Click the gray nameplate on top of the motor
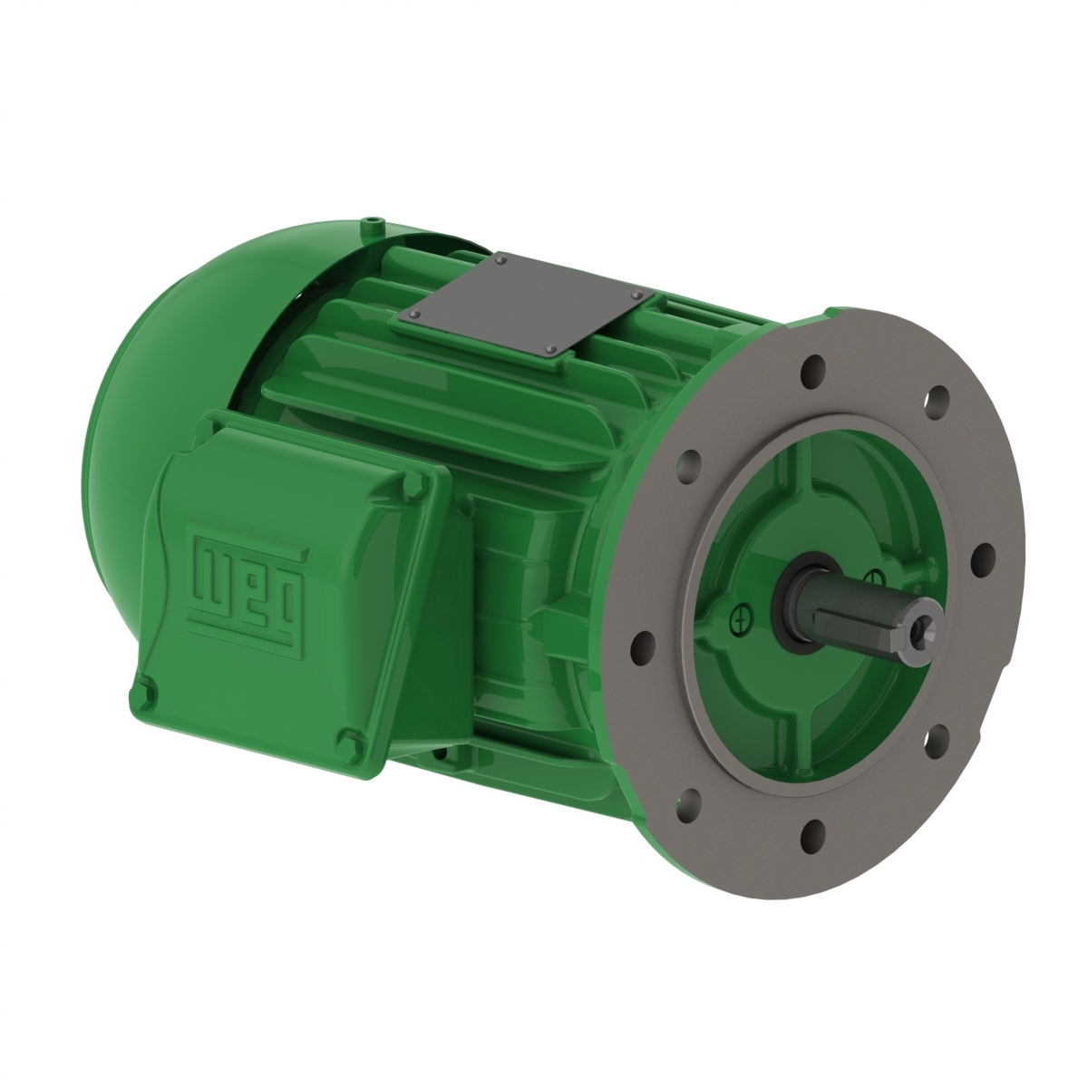525,307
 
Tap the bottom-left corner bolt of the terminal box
149,695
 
